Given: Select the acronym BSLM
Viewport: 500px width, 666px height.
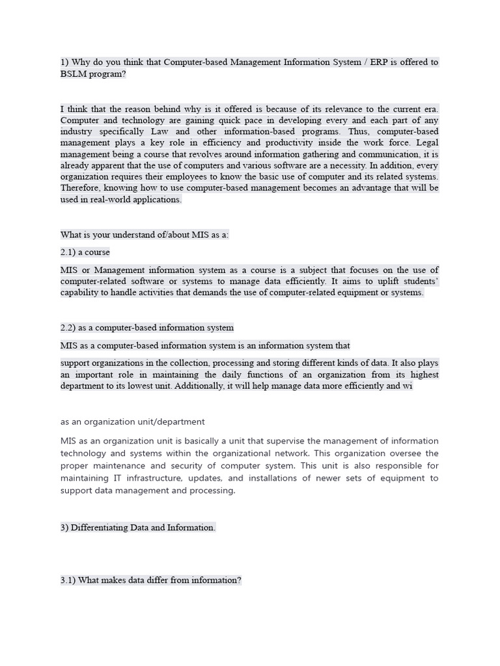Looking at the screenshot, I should click(x=74, y=74).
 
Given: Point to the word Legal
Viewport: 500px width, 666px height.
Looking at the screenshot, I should click(x=426, y=142).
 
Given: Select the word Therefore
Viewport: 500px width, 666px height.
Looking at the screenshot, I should click(x=83, y=188).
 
